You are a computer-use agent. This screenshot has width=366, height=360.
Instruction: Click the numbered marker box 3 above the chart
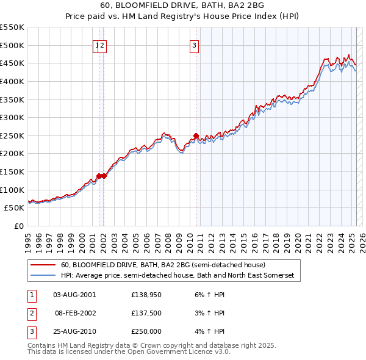pyautogui.click(x=194, y=44)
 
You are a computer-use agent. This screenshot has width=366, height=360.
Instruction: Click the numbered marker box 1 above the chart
pyautogui.click(x=97, y=44)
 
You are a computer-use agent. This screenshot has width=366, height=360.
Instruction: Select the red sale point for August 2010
pyautogui.click(x=196, y=135)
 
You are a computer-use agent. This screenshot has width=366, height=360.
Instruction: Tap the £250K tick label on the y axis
pyautogui.click(x=12, y=135)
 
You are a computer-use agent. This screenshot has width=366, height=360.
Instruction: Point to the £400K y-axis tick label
pyautogui.click(x=12, y=81)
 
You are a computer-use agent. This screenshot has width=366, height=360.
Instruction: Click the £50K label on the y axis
pyautogui.click(x=15, y=208)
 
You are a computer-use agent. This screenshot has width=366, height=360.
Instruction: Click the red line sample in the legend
pyautogui.click(x=43, y=265)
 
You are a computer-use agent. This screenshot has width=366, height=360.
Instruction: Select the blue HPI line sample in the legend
pyautogui.click(x=43, y=276)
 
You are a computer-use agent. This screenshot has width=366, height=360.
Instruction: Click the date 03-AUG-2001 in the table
pyautogui.click(x=74, y=294)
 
